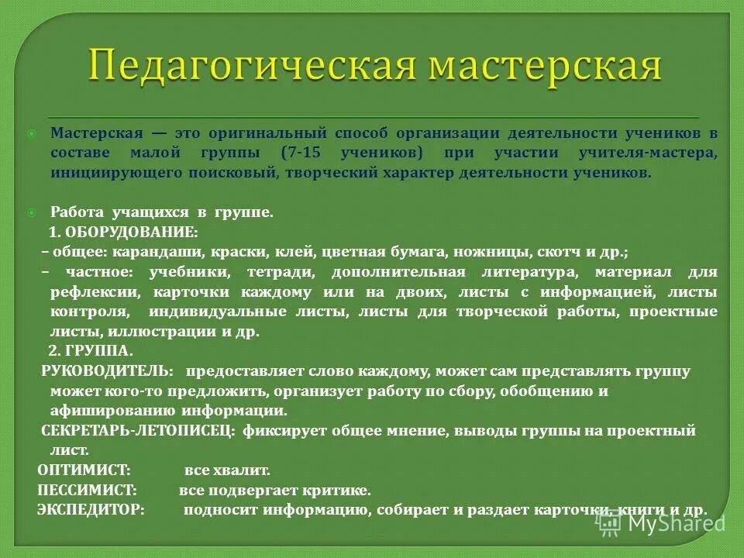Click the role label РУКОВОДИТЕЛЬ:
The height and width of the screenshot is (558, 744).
(107, 370)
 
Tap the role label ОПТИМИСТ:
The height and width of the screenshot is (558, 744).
(84, 470)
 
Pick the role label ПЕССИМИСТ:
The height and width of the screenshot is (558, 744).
(87, 491)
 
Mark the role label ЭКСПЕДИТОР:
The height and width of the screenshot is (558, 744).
(91, 511)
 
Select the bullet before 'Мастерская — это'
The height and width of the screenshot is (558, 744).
(32, 133)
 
